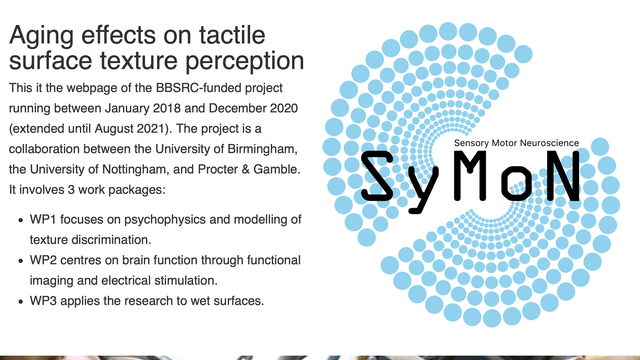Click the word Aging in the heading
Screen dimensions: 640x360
click(41, 36)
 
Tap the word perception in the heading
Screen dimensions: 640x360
click(244, 62)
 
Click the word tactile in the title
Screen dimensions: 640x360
click(232, 35)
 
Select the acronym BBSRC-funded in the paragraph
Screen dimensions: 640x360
click(219, 88)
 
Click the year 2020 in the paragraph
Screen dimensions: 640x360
click(284, 108)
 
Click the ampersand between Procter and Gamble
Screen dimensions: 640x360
click(245, 169)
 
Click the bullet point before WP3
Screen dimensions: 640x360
click(21, 302)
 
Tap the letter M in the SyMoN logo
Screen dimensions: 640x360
click(475, 176)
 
